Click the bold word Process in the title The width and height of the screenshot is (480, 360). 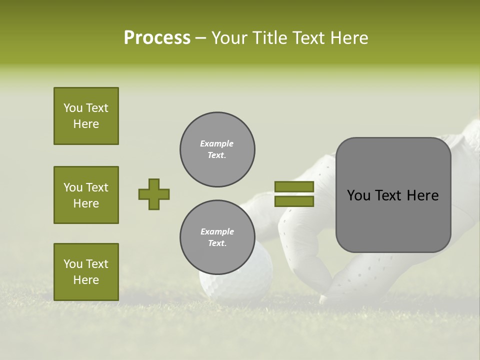coord(157,38)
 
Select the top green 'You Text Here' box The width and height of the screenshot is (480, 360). coord(86,116)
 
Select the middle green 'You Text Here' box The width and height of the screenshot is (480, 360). coord(86,195)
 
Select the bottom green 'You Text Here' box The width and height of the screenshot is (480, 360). coord(86,272)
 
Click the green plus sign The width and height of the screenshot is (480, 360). coord(154,194)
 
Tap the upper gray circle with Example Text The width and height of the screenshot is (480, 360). coord(217,149)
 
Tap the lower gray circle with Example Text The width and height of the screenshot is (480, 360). coord(217,237)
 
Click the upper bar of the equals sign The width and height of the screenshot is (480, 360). coord(294,186)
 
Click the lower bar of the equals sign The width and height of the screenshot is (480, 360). coord(294,201)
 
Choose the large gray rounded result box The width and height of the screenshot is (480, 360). coord(393,195)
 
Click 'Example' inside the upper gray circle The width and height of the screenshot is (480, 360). coord(217,143)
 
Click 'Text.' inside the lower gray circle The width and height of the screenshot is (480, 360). coord(217,243)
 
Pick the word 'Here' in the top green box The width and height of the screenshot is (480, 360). coord(86,124)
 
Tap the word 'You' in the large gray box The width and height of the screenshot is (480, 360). coord(358,195)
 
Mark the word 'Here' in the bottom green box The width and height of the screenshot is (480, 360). coord(86,280)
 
